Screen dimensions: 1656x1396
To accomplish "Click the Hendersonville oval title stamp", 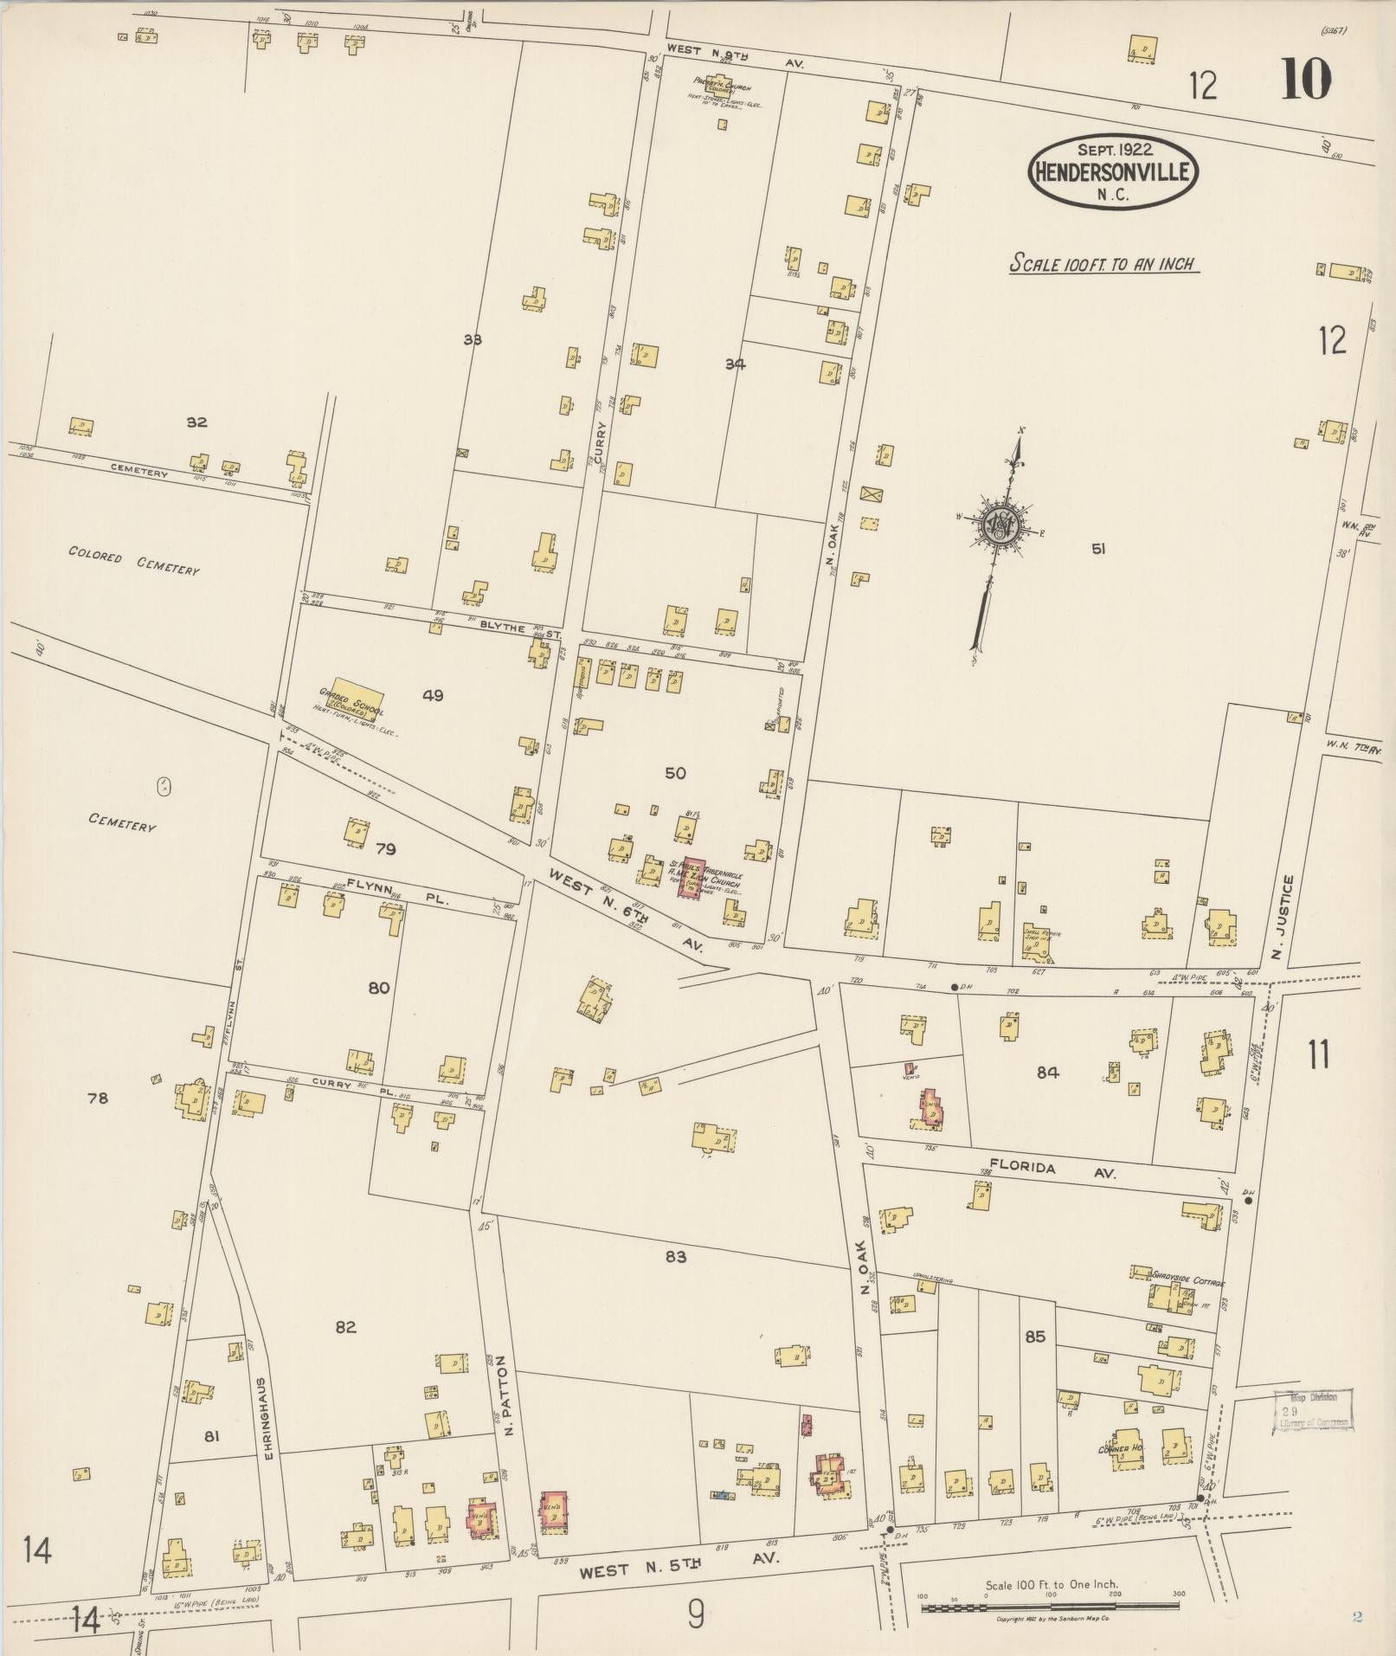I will click(x=1113, y=171).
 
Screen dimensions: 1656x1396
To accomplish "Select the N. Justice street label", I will click(x=1289, y=918).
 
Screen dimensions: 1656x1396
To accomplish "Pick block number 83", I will click(x=676, y=1256).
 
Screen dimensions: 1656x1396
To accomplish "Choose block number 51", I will click(x=1098, y=548).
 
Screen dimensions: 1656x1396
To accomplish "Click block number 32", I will click(x=196, y=422).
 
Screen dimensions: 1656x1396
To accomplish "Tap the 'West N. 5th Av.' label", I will click(x=679, y=1559).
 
